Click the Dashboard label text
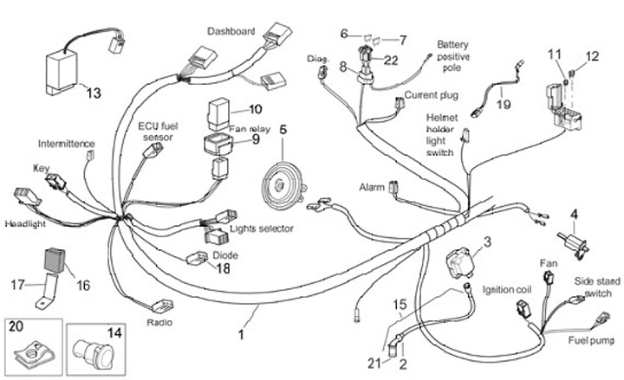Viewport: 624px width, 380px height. coord(231,32)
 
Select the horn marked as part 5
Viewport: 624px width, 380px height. coord(283,182)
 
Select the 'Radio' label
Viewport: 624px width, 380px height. coord(159,323)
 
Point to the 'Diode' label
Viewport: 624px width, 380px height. coord(225,256)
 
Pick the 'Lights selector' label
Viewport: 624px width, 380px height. coord(262,229)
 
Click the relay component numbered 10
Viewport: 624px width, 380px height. coord(219,113)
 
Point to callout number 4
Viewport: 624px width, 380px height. coord(573,214)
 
